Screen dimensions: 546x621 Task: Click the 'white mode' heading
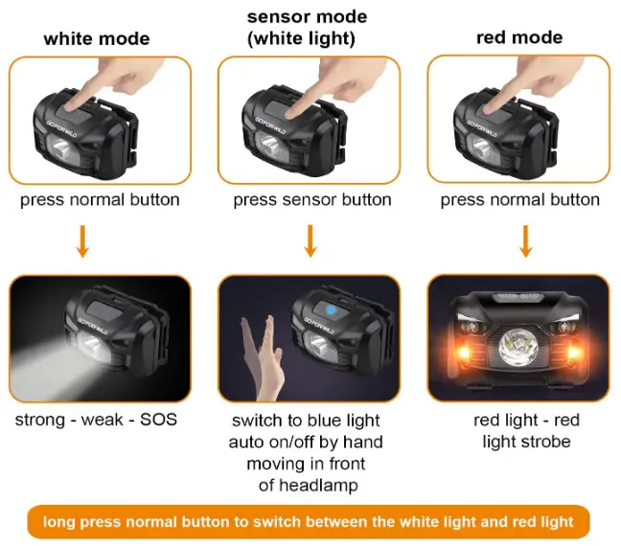point(97,38)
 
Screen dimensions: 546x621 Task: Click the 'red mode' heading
point(518,37)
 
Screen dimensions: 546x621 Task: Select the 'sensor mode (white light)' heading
point(307,28)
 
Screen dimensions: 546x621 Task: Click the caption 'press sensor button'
point(312,200)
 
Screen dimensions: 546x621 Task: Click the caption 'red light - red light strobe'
point(526,431)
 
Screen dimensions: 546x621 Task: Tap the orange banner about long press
point(309,522)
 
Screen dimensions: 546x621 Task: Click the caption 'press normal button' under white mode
point(100,200)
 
